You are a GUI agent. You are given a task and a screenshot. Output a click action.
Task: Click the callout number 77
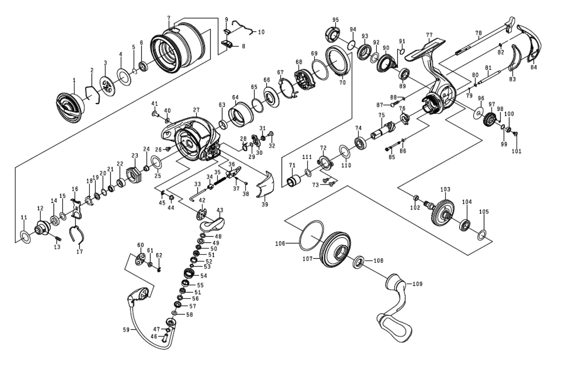(429, 35)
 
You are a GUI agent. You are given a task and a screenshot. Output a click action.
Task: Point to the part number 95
(335, 20)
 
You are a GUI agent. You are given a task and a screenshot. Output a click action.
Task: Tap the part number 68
(298, 62)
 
